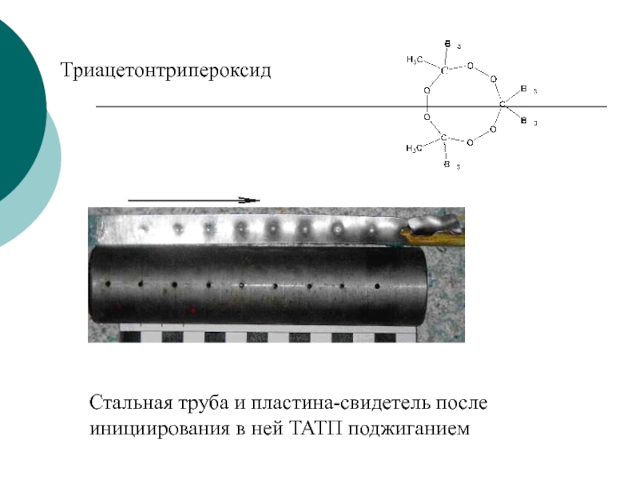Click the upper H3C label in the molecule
coord(414,59)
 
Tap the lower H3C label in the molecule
coord(414,148)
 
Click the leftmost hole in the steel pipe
coord(106,283)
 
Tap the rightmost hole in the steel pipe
coord(376,286)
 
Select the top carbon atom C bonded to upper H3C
coord(443,70)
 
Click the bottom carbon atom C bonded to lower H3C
coord(443,138)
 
